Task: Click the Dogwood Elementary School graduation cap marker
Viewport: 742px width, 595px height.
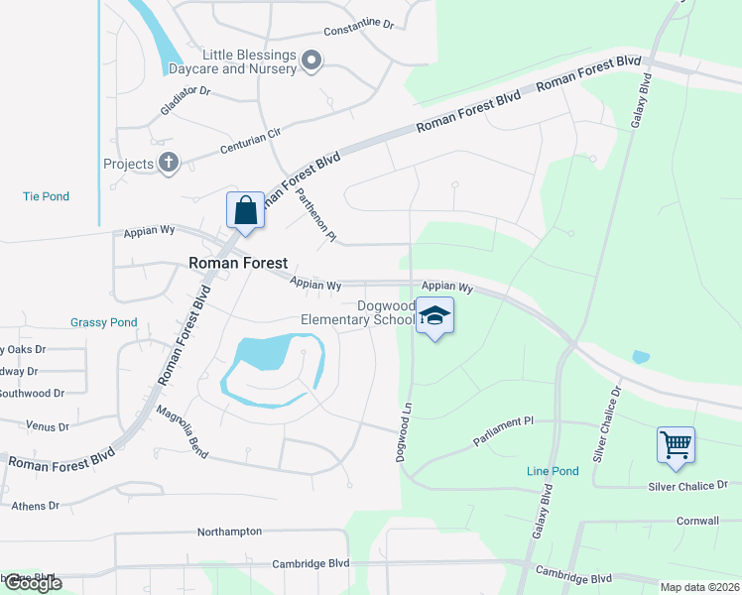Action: [434, 316]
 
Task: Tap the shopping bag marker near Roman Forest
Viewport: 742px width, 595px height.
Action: [245, 211]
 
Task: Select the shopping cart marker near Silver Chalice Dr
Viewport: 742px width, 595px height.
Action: [676, 445]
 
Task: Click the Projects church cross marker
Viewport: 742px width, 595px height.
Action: [169, 163]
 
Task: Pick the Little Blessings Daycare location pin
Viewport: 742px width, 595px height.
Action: [311, 62]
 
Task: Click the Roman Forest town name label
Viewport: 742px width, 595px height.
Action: [238, 263]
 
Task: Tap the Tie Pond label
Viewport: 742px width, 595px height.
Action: [47, 196]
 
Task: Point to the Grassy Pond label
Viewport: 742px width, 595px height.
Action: [103, 322]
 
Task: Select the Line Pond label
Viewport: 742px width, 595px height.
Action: [553, 471]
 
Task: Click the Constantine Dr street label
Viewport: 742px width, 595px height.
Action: [359, 24]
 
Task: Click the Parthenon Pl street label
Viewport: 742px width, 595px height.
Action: [317, 215]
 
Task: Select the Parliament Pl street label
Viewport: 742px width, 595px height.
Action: [503, 428]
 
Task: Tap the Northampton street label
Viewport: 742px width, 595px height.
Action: [229, 532]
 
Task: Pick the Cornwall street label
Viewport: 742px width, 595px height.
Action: [697, 521]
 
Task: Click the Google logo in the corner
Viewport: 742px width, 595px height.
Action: [33, 583]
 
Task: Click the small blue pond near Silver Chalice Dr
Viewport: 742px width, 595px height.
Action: [641, 357]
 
